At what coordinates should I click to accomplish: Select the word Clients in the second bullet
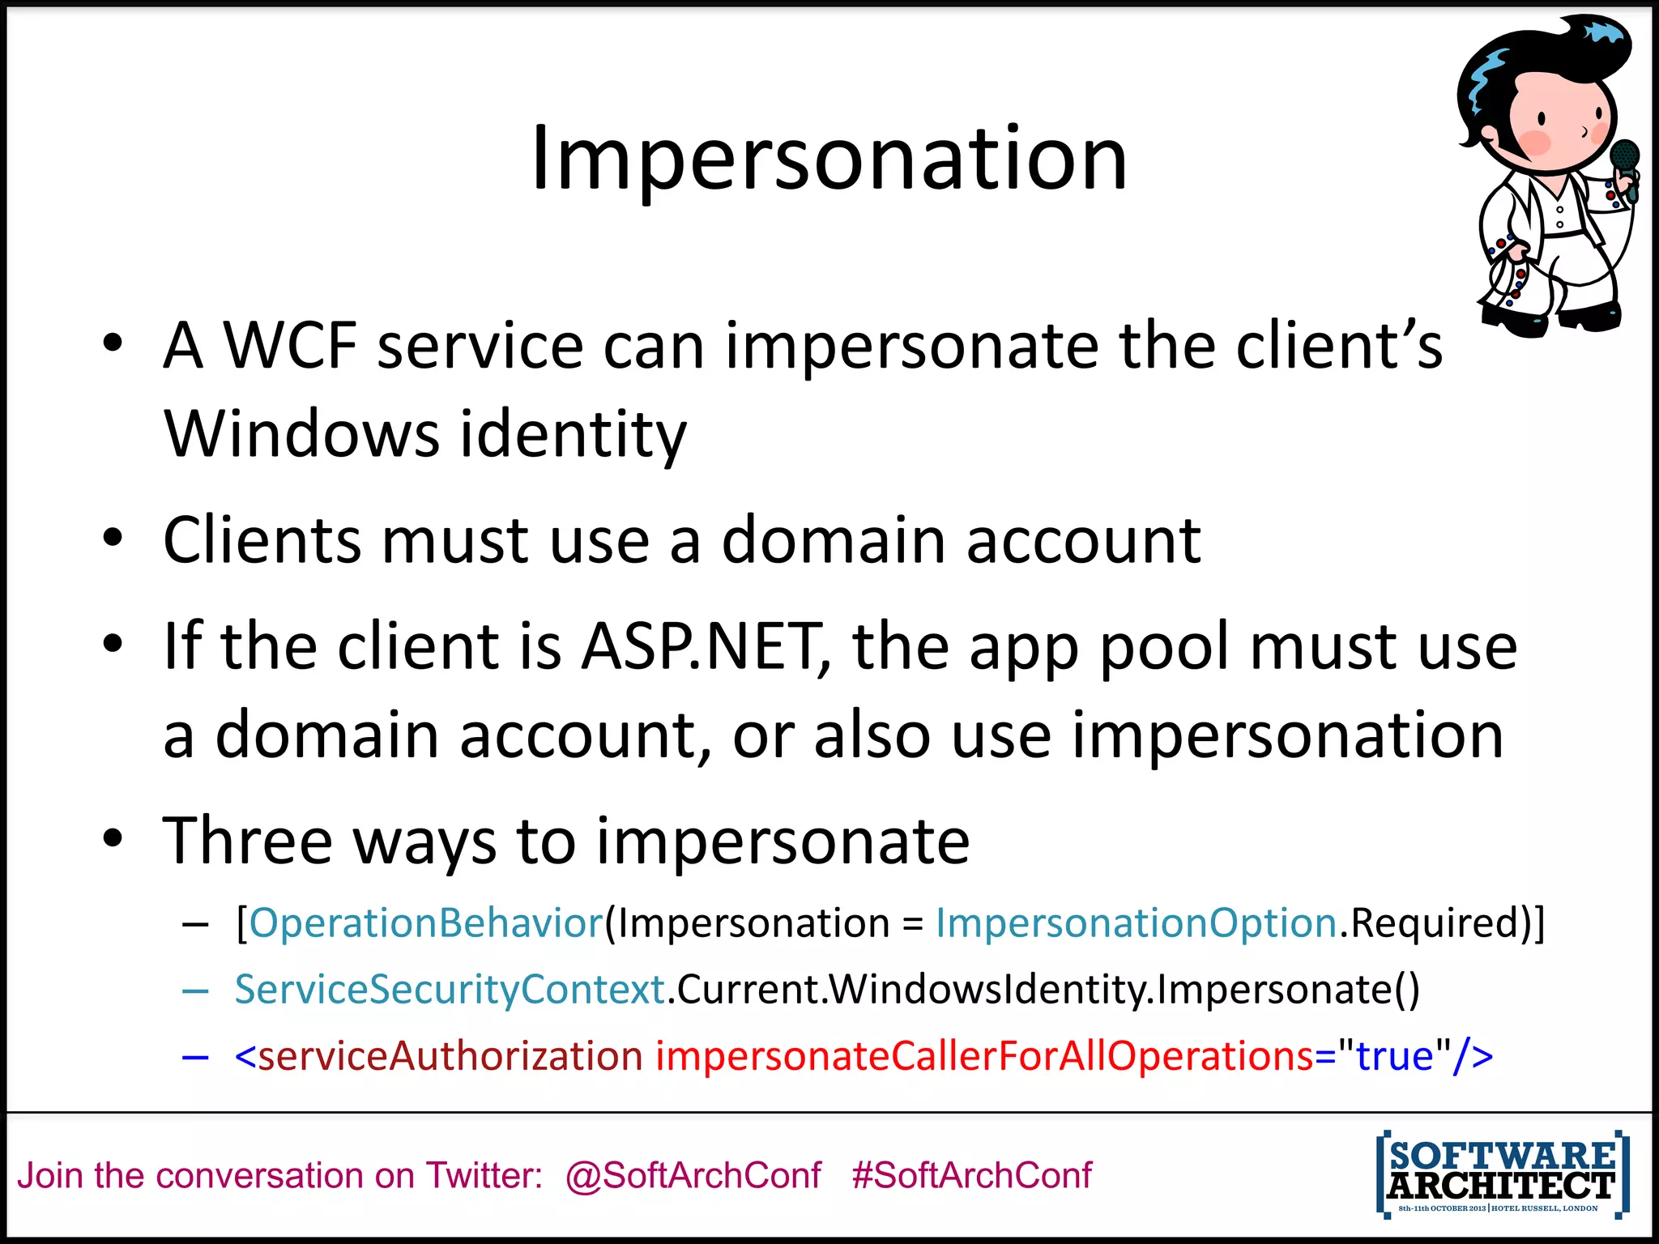pos(262,540)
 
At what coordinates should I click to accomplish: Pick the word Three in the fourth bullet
pos(247,841)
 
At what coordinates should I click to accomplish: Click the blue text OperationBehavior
pos(426,923)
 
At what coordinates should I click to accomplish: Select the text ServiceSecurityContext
pos(450,990)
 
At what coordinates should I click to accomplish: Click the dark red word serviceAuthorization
pos(450,1056)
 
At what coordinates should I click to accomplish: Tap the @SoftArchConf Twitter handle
pos(693,1175)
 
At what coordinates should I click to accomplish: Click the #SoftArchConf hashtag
pos(971,1175)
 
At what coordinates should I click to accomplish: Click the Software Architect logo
pos(1503,1174)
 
